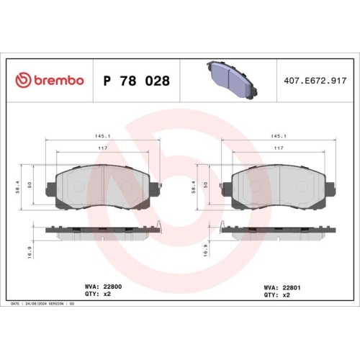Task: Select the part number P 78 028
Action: pos(137,81)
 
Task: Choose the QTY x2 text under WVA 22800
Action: pos(96,294)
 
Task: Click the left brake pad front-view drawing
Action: pos(100,187)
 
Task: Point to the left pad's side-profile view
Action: pos(100,231)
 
